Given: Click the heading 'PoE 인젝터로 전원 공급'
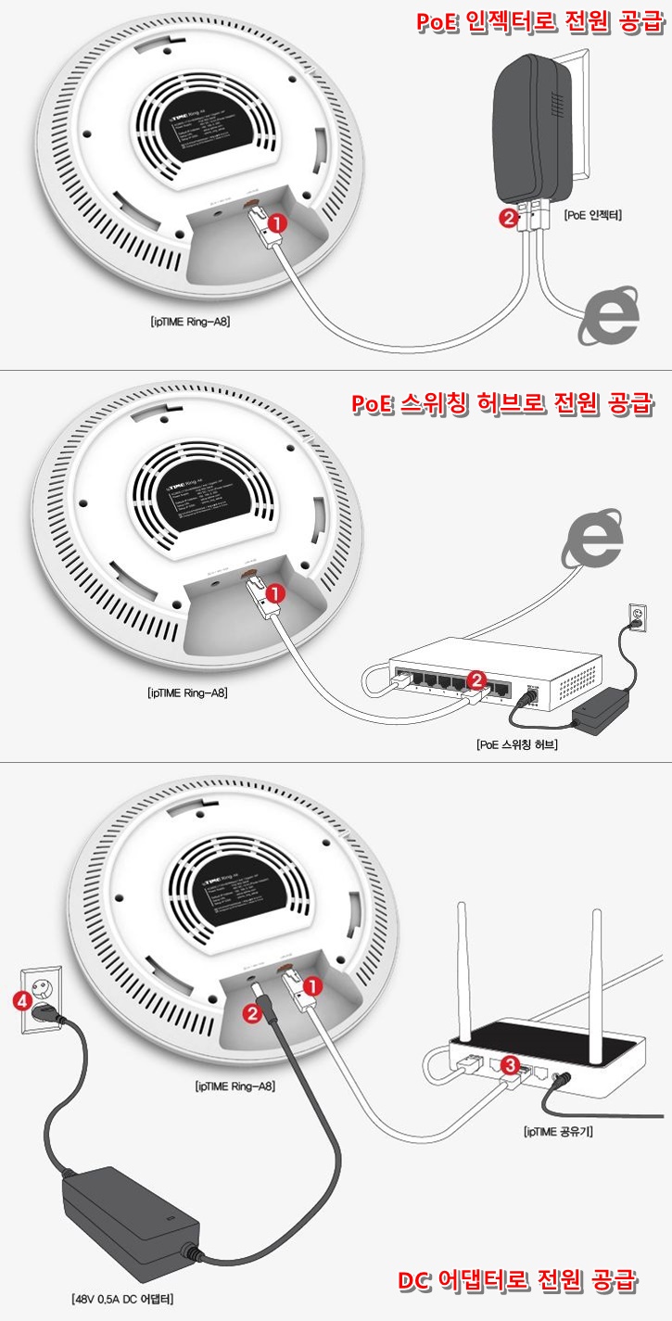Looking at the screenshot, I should pyautogui.click(x=540, y=21).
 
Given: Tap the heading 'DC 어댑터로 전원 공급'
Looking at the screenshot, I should pyautogui.click(x=516, y=1280).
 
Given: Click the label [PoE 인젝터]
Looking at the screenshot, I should pyautogui.click(x=592, y=214).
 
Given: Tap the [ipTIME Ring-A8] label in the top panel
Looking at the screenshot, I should pyautogui.click(x=190, y=323).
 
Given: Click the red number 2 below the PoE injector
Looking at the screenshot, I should pyautogui.click(x=507, y=219).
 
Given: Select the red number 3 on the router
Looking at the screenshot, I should pyautogui.click(x=509, y=1066).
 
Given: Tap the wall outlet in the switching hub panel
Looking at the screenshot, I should pyautogui.click(x=638, y=616).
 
